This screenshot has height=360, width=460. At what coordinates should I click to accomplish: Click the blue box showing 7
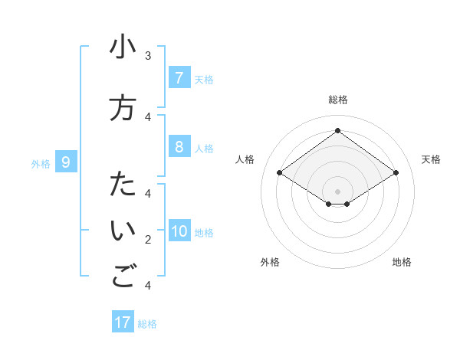click(179, 77)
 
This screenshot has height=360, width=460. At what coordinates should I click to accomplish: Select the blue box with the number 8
click(179, 147)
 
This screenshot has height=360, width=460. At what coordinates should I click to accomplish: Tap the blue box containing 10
click(179, 231)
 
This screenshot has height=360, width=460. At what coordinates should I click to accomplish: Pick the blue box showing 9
click(66, 162)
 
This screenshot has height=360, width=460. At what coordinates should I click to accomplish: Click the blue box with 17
click(123, 322)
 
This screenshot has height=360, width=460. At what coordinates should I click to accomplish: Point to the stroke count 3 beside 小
click(148, 56)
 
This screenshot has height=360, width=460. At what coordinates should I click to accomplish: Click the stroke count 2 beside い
click(148, 240)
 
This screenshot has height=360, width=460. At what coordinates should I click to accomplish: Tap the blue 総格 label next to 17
click(147, 324)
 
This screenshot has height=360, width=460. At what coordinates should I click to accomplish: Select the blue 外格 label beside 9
click(40, 163)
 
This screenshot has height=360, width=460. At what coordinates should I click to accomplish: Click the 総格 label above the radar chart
click(337, 100)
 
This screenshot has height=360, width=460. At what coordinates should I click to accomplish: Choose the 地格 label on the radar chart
click(402, 262)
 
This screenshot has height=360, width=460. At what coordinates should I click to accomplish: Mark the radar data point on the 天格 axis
click(396, 173)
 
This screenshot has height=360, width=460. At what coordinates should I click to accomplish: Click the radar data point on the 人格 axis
click(280, 173)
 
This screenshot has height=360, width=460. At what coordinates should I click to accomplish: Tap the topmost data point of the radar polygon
click(337, 130)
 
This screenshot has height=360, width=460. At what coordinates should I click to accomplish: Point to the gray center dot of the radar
click(337, 191)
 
